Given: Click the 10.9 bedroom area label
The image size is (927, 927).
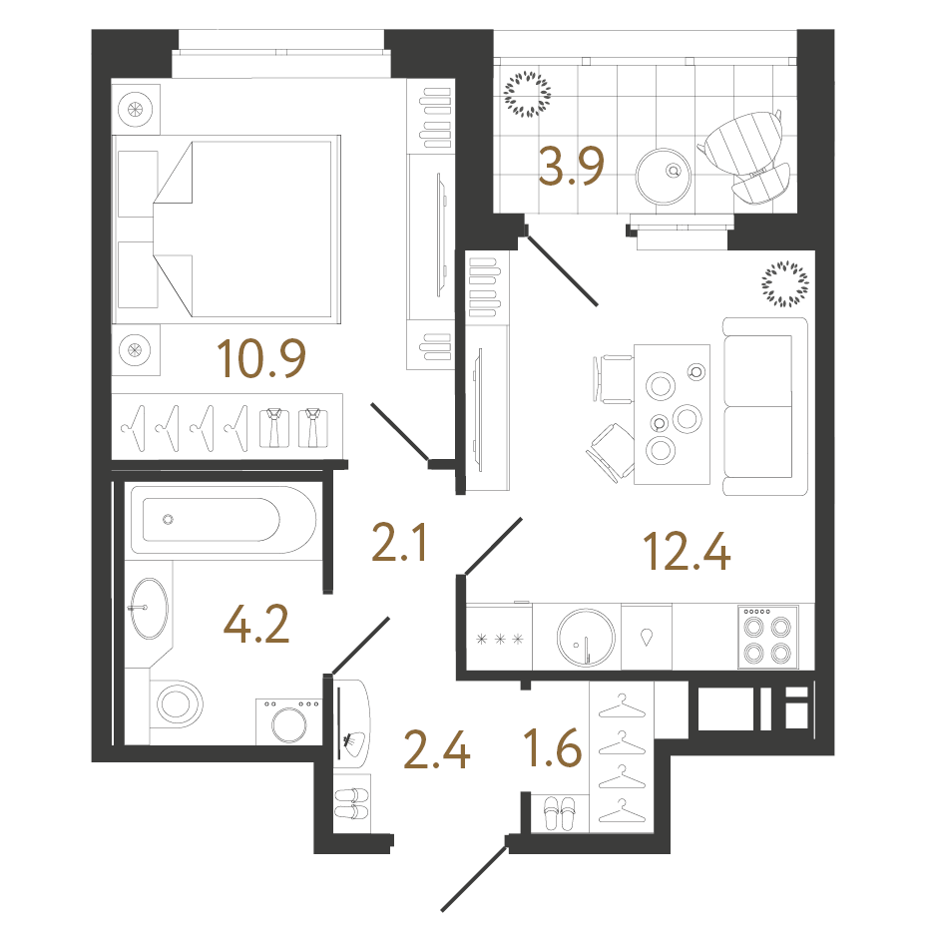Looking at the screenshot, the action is pos(261,358).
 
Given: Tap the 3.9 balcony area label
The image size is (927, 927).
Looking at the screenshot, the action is pos(571,166).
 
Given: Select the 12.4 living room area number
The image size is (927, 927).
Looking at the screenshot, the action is pos(687,552).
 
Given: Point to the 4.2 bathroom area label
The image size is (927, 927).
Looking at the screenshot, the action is pos(256,624).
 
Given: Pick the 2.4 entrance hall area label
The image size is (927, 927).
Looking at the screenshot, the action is pos(437,749).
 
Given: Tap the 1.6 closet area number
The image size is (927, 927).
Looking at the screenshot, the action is pos(554,747).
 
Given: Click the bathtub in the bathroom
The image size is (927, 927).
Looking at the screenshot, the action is pos(224,520).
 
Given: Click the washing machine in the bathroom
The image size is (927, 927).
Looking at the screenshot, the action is pos(289,721).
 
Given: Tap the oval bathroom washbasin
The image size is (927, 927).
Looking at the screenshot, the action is pos(149,609).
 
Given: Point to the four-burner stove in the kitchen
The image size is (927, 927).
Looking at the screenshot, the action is pos(768,638).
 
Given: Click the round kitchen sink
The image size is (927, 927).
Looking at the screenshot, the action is pos(586,638).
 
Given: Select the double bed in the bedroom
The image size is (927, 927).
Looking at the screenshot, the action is pos(227,230).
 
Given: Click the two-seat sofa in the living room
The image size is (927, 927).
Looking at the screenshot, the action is pos(765,407).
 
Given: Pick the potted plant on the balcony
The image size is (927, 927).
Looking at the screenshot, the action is pos(527,94).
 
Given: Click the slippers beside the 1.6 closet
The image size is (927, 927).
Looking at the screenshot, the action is pos(559,813).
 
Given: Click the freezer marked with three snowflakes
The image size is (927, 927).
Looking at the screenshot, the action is pos(500,638).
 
